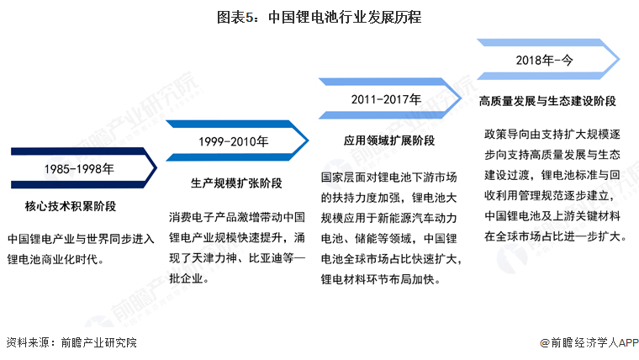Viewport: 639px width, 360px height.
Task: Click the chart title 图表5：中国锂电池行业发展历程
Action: (319, 17)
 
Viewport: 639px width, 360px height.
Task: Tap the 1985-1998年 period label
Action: (80, 168)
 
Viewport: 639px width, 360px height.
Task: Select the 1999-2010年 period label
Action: (234, 142)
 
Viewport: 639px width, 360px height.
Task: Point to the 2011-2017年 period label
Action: (388, 99)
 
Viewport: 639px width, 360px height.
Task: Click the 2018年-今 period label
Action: (547, 60)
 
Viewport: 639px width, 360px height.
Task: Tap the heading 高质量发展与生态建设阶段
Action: (547, 101)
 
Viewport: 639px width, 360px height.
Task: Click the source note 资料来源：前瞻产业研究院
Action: (71, 342)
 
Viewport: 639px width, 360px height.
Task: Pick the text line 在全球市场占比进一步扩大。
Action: (556, 237)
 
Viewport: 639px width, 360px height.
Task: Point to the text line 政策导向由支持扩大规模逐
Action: (556, 135)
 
